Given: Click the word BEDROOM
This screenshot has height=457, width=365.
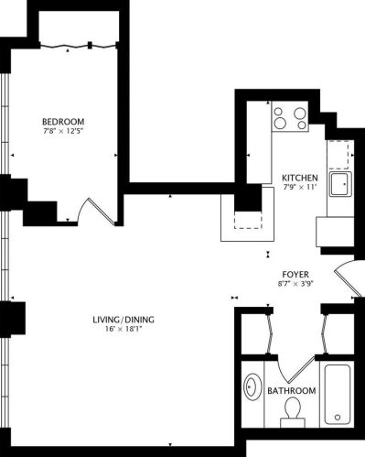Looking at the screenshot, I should [x=63, y=122].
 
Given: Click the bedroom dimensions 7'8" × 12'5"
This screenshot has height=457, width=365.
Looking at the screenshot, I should [x=63, y=134].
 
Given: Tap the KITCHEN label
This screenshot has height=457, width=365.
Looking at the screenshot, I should [x=300, y=178].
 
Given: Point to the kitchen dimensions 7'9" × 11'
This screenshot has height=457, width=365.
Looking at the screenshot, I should [x=300, y=189].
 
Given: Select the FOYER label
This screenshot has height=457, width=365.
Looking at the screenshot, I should [x=295, y=274].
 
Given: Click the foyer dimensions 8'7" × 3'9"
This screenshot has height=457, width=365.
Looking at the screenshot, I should [x=295, y=285].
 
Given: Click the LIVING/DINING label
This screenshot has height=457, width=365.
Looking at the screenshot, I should [x=123, y=320].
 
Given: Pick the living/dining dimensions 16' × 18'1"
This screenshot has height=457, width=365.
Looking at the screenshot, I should [x=123, y=331].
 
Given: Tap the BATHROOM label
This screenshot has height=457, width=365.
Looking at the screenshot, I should [x=292, y=391].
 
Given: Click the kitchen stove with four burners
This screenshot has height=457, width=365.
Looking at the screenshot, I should [x=292, y=118].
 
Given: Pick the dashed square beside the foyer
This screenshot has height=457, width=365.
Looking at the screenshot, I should [x=248, y=218].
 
